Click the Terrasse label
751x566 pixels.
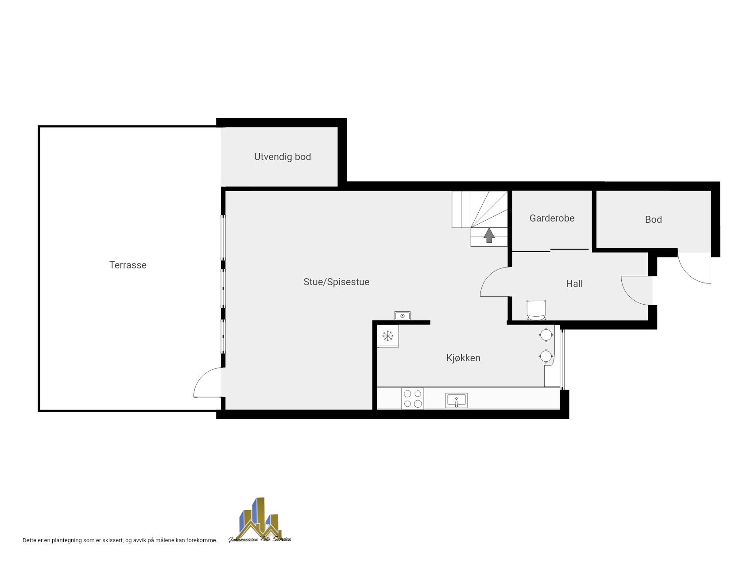128,265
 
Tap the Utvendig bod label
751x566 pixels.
283,157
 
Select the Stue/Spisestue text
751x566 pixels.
337,282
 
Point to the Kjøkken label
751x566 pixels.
463,358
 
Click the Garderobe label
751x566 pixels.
552,218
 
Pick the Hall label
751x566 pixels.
574,284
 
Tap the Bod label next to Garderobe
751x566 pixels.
653,220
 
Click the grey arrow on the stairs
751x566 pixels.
489,235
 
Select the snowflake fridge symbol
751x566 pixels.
388,336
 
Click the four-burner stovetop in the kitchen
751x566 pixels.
413,398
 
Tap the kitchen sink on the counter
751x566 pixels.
457,401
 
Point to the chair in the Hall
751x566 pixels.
536,310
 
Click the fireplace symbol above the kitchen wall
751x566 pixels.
403,316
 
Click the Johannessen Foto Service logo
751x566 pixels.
260,520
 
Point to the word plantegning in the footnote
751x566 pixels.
66,540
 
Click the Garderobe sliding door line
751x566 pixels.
550,250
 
